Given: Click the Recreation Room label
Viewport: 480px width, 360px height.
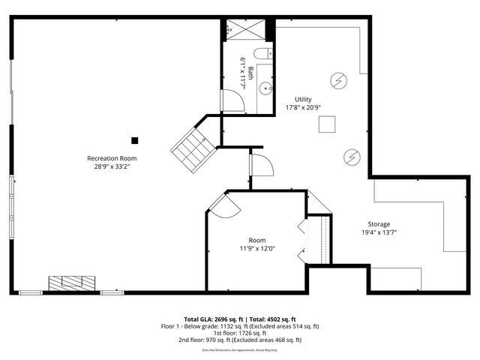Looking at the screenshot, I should click(112, 158).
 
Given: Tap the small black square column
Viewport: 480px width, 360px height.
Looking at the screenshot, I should click(135, 139).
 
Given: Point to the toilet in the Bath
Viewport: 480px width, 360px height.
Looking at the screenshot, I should click(262, 53).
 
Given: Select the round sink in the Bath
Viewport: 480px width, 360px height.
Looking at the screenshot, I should click(265, 88).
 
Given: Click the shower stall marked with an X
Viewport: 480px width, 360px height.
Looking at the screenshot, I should click(244, 29).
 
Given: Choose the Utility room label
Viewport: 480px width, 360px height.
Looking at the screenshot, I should click(303, 99).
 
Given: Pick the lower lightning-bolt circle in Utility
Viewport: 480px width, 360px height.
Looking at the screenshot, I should click(351, 156).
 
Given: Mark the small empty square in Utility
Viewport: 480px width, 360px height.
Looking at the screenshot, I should click(327, 125).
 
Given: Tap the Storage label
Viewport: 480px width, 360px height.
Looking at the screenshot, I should click(379, 224).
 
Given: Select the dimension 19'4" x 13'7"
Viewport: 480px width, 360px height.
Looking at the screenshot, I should click(379, 232).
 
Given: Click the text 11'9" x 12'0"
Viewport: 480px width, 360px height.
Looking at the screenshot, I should click(257, 248).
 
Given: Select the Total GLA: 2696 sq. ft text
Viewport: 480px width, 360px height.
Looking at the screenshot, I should click(211, 319).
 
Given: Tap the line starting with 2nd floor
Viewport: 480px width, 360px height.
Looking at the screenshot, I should click(240, 340).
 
